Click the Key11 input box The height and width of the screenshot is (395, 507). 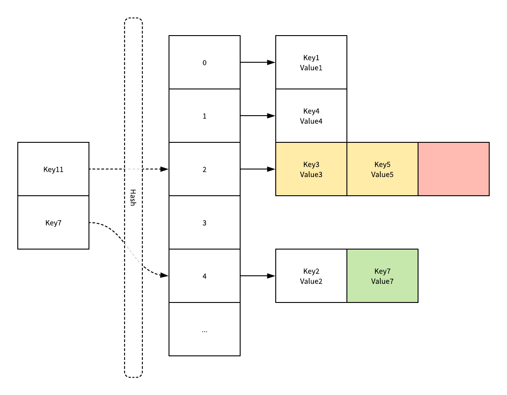tap(53, 169)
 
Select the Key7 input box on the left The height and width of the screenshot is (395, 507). tap(53, 222)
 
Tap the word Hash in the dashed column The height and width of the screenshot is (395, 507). tap(132, 197)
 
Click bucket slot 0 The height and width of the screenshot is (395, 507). tap(205, 62)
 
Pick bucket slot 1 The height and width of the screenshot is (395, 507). tap(205, 116)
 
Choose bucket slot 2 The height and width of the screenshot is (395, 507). tap(205, 169)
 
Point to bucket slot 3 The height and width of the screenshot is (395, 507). tap(205, 222)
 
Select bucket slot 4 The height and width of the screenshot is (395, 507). tap(205, 276)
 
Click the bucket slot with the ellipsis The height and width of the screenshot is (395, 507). tap(205, 329)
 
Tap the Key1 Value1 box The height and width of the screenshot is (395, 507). tap(311, 62)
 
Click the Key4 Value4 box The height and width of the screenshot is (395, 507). tap(311, 116)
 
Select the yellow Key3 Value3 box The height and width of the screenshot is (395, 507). tap(311, 169)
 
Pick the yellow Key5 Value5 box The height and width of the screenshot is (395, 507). tap(382, 169)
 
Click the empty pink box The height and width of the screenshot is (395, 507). tap(454, 169)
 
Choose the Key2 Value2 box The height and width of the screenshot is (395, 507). tap(311, 276)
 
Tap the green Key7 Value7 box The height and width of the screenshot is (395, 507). tap(382, 276)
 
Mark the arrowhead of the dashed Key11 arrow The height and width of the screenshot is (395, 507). tap(165, 169)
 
